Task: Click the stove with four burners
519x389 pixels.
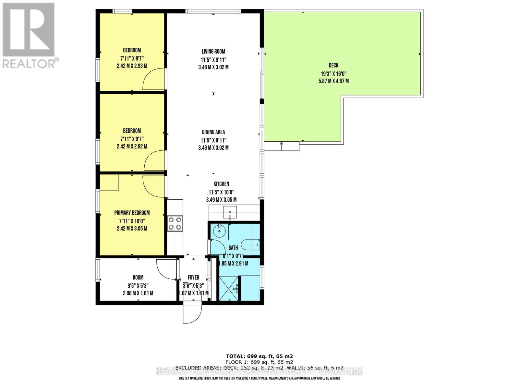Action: point(175,224)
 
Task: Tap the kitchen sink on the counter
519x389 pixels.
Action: point(230,213)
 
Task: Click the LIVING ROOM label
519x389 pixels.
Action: point(213,51)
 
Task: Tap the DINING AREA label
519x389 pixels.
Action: point(213,132)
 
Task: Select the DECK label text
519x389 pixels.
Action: point(333,65)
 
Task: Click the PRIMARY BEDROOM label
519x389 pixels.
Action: point(132,213)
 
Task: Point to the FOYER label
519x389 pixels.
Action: point(193,277)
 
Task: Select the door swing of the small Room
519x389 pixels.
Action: point(166,269)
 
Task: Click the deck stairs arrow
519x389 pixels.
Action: point(281,146)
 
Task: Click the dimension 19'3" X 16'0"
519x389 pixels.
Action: point(333,74)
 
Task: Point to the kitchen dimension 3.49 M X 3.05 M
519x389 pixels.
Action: point(221,200)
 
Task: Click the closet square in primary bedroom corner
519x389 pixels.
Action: point(109,183)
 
